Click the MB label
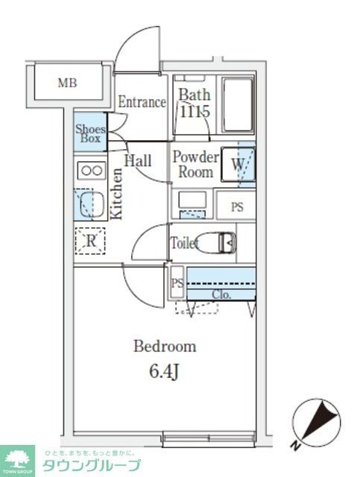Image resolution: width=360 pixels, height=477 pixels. coord(68,83)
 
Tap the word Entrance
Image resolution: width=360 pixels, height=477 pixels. coord(142,102)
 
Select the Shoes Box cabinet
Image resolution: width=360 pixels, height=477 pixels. coord(90,133)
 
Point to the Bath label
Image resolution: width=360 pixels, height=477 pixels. coord(194,95)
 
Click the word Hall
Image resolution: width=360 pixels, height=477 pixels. coord(138,161)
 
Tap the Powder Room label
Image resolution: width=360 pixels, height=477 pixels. coord(195,165)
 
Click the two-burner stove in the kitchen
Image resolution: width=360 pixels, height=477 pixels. coord(92,171)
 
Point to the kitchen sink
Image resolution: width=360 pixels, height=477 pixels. coord(91,203)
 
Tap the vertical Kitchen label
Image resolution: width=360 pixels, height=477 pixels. coord(116,193)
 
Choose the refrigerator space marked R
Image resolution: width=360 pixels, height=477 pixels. coord(91,240)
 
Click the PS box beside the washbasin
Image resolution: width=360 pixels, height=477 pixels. coord(236,207)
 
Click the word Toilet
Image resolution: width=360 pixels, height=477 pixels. coord(183,243)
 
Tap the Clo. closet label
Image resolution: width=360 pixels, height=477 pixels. coord(221,294)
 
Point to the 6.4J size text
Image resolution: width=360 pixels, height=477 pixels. coord(165,371)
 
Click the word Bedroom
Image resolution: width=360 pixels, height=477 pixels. coord(165,347)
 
